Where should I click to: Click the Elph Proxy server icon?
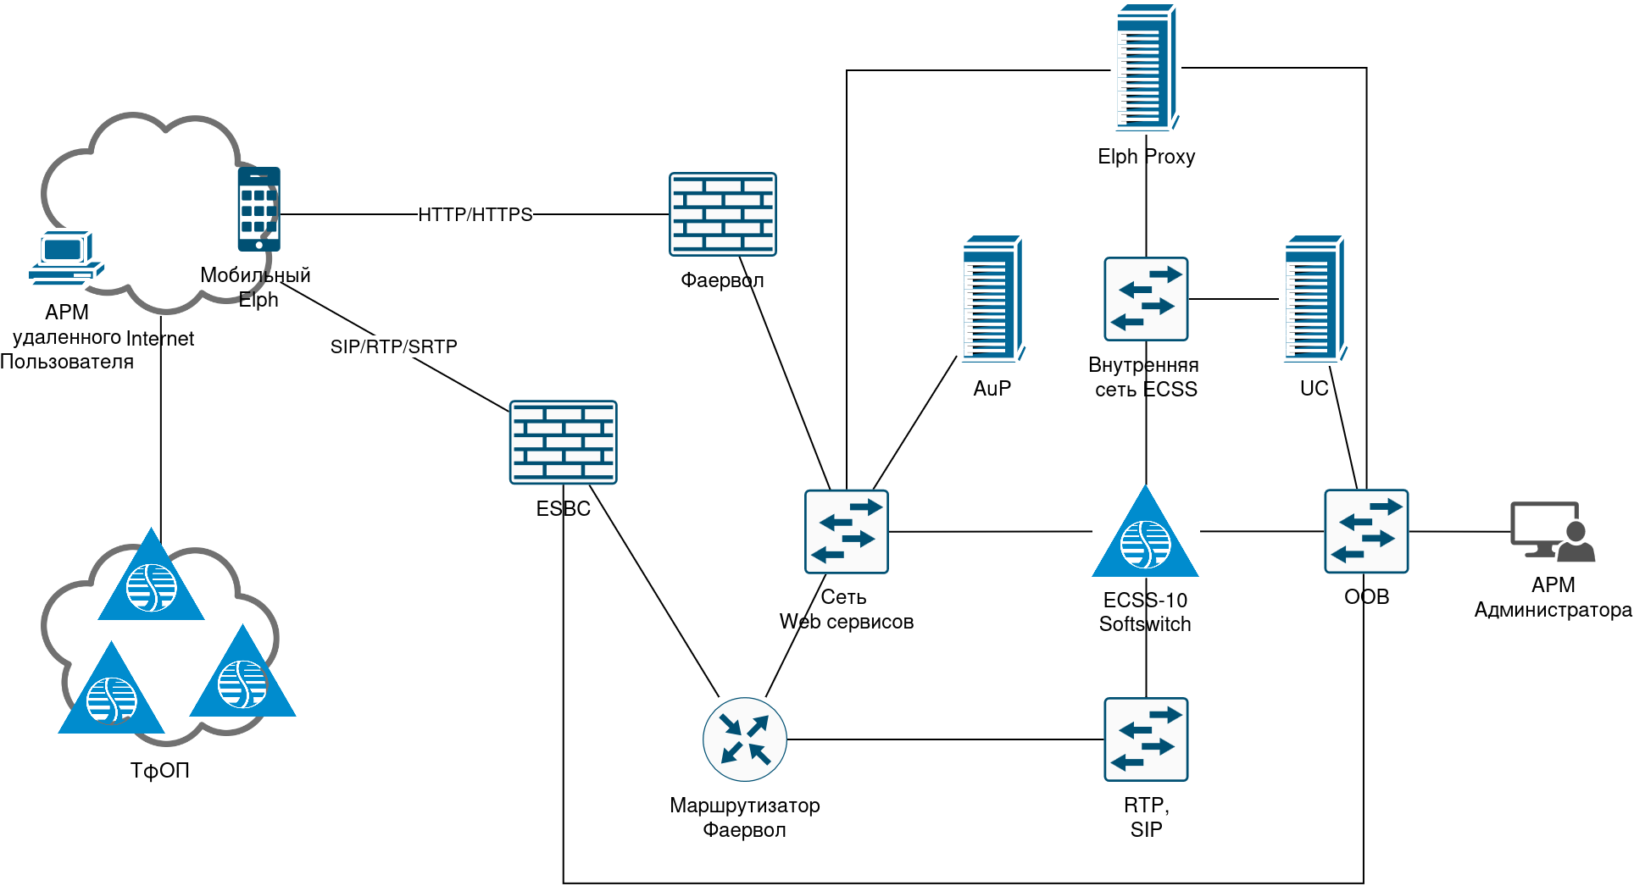[1147, 68]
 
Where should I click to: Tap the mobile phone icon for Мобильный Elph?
[258, 209]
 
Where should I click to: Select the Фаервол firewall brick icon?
[722, 214]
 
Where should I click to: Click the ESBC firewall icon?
[564, 442]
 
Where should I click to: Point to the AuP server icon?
[992, 299]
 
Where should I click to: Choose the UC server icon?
[1314, 299]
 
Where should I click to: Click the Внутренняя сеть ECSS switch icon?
[1146, 299]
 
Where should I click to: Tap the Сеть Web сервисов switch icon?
[846, 532]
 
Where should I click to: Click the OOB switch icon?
[1366, 532]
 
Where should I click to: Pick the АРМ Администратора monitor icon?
[1553, 532]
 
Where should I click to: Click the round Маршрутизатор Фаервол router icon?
[745, 739]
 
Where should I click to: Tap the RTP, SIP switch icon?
[1146, 739]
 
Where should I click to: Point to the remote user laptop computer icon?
[66, 257]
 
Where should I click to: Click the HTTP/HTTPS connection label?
[475, 214]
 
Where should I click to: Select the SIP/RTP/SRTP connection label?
[394, 346]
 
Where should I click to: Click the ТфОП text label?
[159, 771]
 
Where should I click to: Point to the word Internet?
[160, 339]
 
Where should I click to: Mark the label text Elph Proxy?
[1146, 157]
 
